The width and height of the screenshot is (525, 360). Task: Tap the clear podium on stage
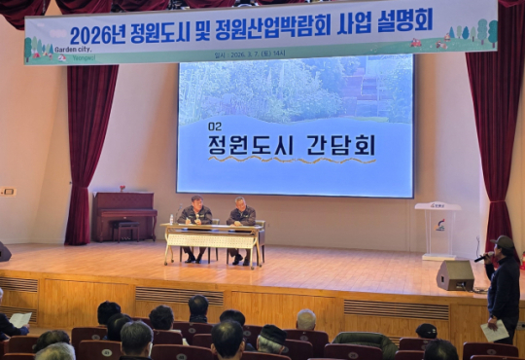(x=438, y=230)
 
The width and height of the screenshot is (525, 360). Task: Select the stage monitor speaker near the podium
(x=455, y=275)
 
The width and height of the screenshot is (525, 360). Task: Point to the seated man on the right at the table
(x=241, y=218)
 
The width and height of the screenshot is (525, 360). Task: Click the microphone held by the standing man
(x=481, y=258)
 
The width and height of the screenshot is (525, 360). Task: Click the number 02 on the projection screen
(x=215, y=126)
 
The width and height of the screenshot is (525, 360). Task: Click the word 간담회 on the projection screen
(x=339, y=145)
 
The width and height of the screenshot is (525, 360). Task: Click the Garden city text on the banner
(x=72, y=48)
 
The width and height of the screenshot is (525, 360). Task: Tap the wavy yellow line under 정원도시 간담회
(x=292, y=161)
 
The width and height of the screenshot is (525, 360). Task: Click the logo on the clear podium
(x=439, y=224)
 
